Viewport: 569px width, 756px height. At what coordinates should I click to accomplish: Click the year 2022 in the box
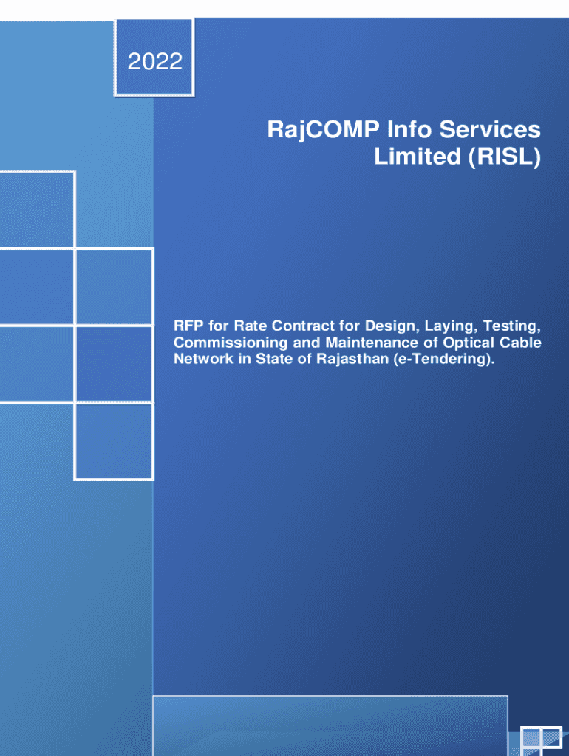point(155,61)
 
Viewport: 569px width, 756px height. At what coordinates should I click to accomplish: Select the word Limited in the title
point(414,157)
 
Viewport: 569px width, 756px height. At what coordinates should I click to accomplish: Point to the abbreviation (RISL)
point(501,157)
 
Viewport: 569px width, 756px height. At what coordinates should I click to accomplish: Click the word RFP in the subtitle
point(187,326)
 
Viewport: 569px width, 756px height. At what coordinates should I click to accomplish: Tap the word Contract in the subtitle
point(286,326)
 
